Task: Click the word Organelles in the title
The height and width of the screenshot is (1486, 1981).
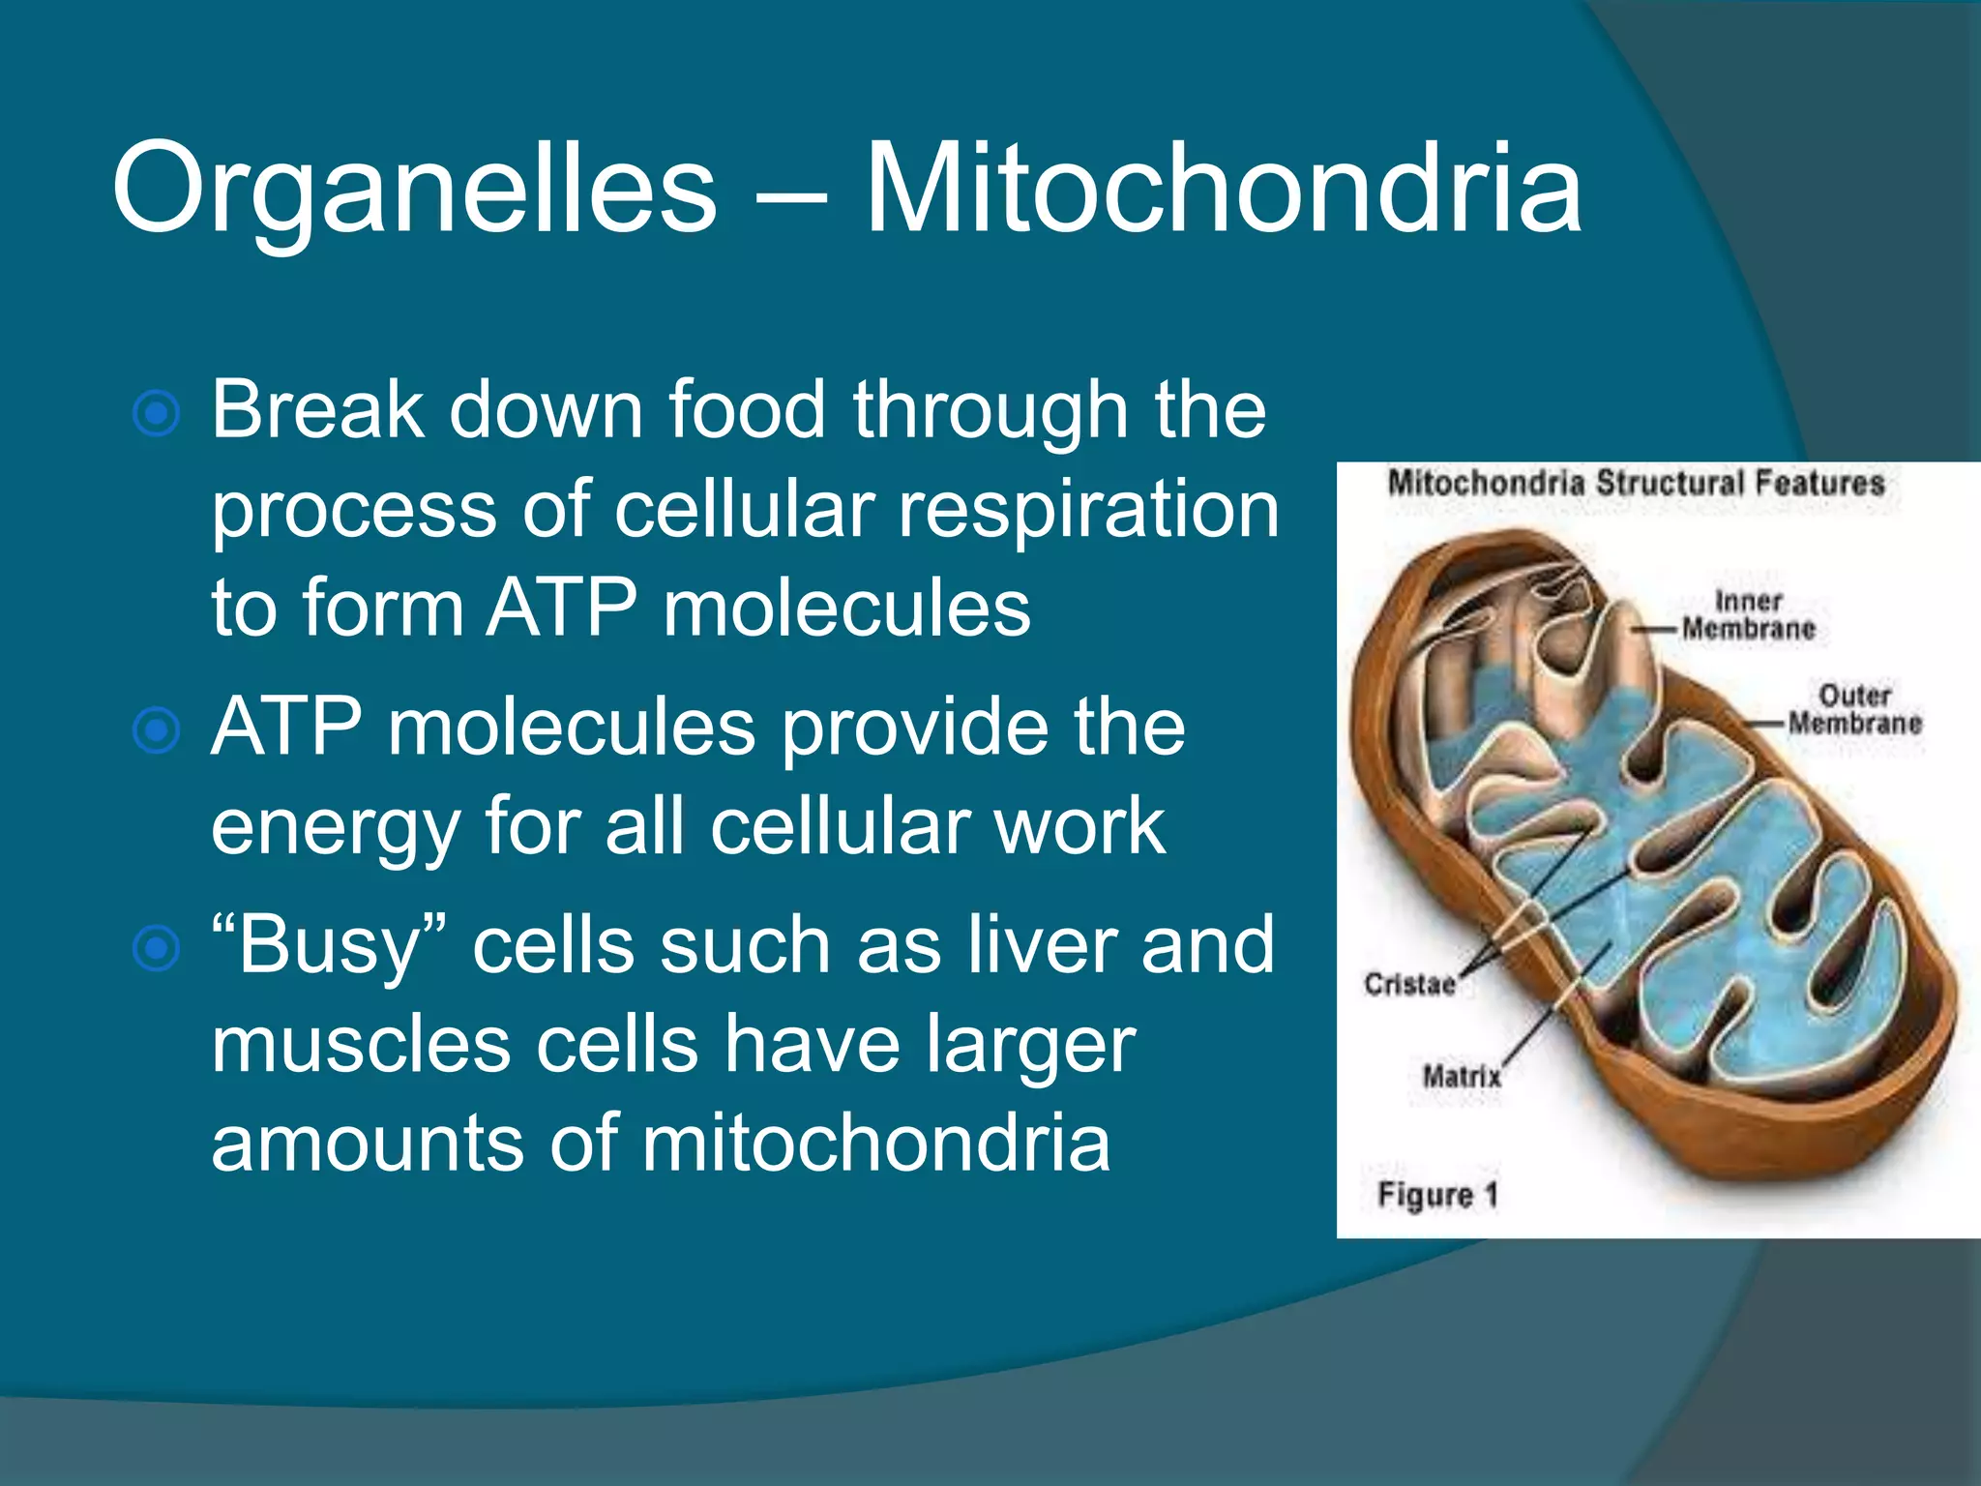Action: [414, 189]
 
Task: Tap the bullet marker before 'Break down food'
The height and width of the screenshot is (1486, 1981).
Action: [156, 414]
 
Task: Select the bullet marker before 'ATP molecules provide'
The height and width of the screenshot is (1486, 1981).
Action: [156, 730]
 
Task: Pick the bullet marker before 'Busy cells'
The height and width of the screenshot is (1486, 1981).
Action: [156, 948]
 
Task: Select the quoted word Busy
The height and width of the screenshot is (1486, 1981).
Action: [329, 947]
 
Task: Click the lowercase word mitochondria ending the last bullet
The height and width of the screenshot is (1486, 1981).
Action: [875, 1144]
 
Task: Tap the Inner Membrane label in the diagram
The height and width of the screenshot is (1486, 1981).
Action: [1748, 615]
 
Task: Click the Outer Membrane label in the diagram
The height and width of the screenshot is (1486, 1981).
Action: [1853, 709]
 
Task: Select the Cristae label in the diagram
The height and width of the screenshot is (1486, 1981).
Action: [1409, 985]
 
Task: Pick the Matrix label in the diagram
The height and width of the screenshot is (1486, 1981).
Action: [1462, 1076]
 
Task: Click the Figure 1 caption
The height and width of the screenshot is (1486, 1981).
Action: [1437, 1195]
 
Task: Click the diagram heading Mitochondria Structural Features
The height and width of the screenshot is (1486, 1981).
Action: [1636, 483]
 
